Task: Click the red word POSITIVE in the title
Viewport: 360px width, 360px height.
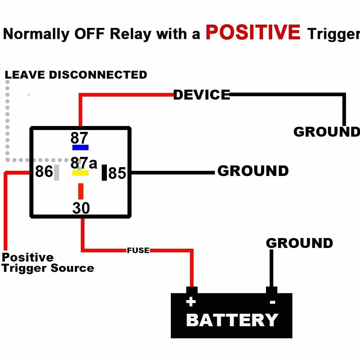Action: [x=253, y=32]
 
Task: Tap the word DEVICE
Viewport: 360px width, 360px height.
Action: [x=202, y=95]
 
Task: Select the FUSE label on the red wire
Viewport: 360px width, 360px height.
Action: [x=138, y=250]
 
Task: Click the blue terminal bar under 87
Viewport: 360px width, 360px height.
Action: [x=80, y=147]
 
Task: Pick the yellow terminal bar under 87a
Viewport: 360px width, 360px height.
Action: [x=80, y=173]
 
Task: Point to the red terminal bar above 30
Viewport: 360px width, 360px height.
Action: [x=81, y=191]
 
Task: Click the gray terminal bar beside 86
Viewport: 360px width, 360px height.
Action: [x=57, y=172]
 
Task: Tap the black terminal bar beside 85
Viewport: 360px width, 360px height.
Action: [x=104, y=172]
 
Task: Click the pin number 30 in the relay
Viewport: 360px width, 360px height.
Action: [x=81, y=208]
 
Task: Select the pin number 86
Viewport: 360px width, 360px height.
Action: [x=44, y=171]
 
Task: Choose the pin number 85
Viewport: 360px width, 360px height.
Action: [x=117, y=173]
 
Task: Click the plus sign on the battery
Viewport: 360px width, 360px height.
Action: [x=191, y=302]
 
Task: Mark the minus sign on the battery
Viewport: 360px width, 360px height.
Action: [x=273, y=302]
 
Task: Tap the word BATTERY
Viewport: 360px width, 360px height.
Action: [x=232, y=320]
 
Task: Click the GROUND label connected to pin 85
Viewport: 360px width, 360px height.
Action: [x=253, y=171]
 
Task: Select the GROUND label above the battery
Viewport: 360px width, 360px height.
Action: [x=299, y=243]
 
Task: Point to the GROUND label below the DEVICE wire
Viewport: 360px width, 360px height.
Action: [x=327, y=132]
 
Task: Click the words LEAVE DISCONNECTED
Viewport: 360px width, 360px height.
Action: [x=76, y=75]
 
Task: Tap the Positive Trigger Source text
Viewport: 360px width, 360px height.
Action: [x=48, y=263]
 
